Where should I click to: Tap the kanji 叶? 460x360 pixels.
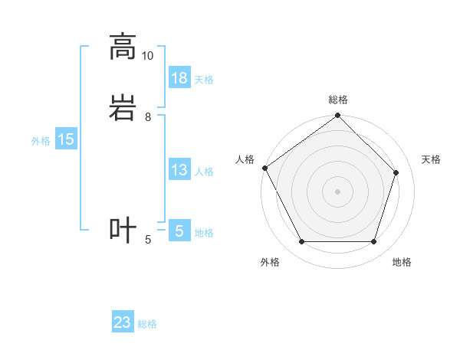pyautogui.click(x=123, y=230)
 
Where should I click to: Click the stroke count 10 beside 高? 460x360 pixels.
pyautogui.click(x=148, y=56)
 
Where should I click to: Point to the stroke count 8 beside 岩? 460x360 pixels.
pyautogui.click(x=148, y=117)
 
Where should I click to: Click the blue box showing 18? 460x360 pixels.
pyautogui.click(x=179, y=78)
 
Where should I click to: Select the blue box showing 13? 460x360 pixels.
pyautogui.click(x=179, y=170)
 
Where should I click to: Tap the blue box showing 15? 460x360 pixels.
pyautogui.click(x=66, y=139)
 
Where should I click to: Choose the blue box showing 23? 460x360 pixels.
pyautogui.click(x=123, y=322)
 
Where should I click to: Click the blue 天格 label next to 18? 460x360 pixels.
pyautogui.click(x=204, y=80)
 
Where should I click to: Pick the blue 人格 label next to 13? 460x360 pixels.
pyautogui.click(x=204, y=172)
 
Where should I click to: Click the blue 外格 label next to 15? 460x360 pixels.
pyautogui.click(x=41, y=141)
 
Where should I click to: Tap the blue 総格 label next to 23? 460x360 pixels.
pyautogui.click(x=147, y=324)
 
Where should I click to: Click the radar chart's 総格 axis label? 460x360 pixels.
pyautogui.click(x=338, y=100)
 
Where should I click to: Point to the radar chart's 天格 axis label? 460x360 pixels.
pyautogui.click(x=432, y=159)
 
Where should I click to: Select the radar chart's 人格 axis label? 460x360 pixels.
pyautogui.click(x=245, y=159)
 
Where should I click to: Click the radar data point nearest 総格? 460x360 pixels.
pyautogui.click(x=338, y=116)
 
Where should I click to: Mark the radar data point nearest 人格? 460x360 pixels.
pyautogui.click(x=265, y=168)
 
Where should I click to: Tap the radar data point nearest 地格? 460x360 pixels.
pyautogui.click(x=373, y=242)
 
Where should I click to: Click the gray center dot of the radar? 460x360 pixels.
pyautogui.click(x=338, y=191)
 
